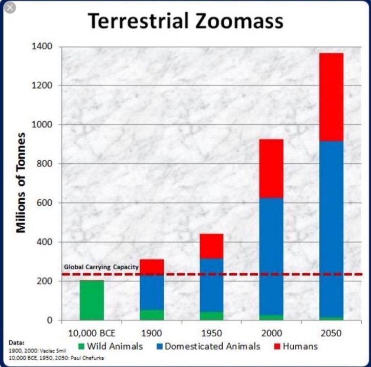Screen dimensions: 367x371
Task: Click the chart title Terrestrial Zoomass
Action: [x=185, y=21]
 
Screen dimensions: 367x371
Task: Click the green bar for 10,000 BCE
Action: [x=92, y=300]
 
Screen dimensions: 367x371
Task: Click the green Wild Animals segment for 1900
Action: [x=151, y=315]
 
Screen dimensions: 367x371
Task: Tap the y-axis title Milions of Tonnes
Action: [x=21, y=184]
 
